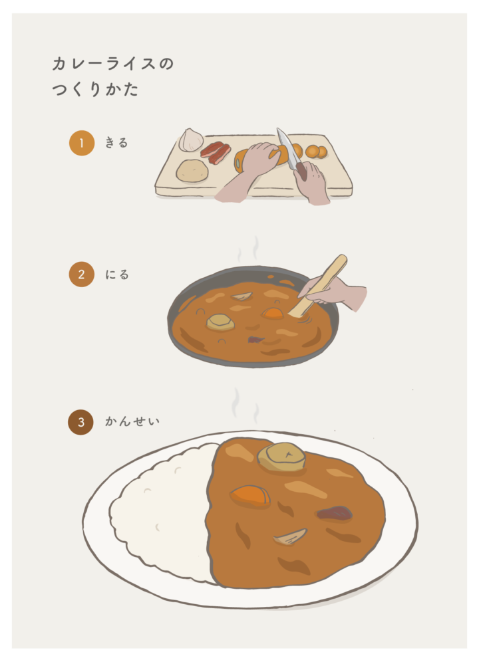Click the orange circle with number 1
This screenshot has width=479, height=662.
point(82,143)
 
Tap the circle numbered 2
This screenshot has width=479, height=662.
point(82,275)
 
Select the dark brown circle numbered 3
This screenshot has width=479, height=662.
point(80,422)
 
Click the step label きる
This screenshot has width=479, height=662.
point(116,143)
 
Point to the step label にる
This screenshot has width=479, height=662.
point(117,275)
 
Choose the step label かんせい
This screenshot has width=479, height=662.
point(132,421)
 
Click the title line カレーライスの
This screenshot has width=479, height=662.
point(113,64)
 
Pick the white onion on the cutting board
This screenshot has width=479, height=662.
point(191,140)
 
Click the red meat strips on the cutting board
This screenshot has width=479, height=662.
point(216,152)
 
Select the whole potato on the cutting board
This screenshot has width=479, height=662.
point(192,170)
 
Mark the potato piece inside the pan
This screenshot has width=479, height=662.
point(220,322)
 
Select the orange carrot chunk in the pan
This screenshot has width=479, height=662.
point(272,313)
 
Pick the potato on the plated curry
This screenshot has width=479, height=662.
point(281,457)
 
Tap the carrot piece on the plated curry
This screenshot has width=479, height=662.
point(251,496)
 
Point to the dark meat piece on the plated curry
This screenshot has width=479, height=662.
point(335,512)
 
